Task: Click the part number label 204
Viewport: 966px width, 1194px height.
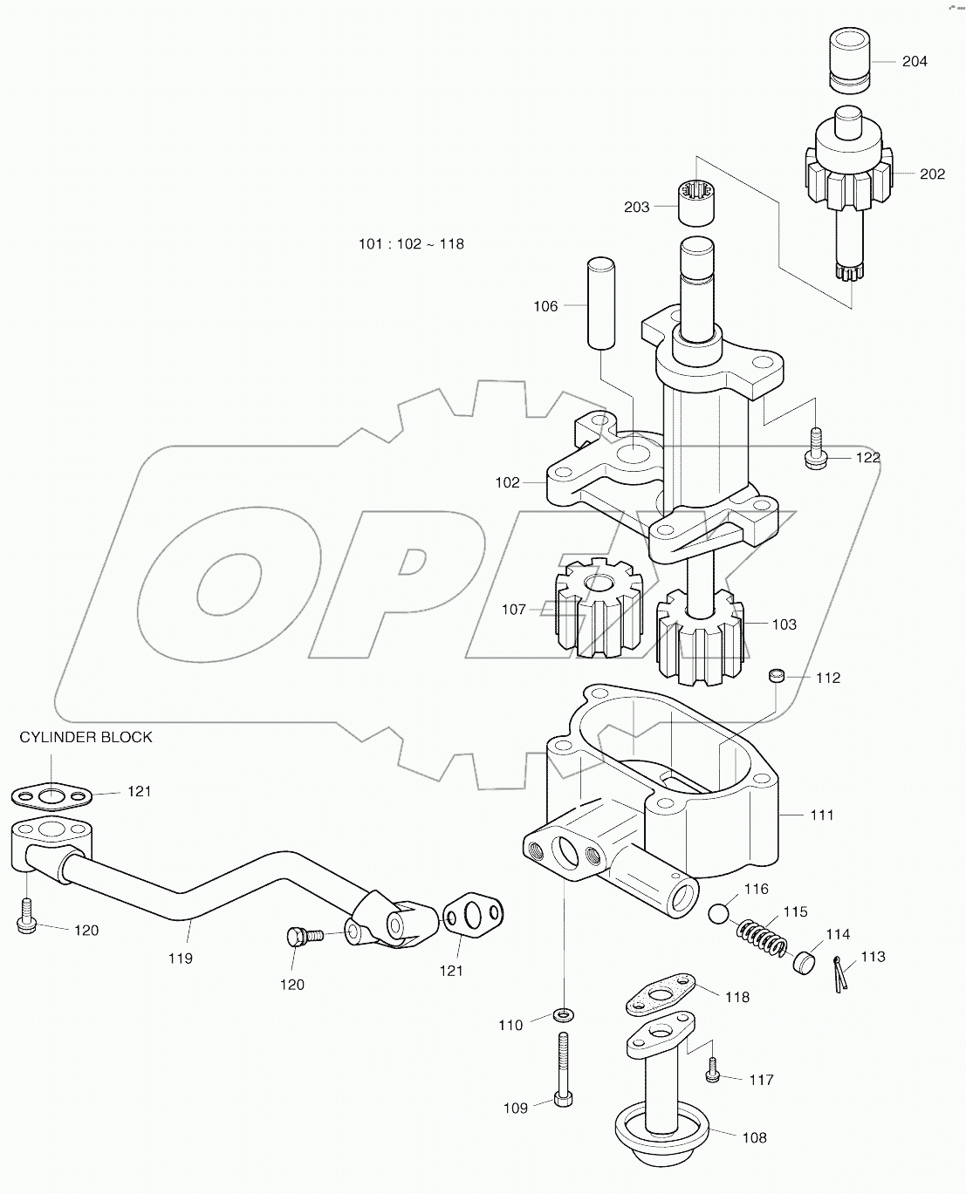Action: (x=915, y=61)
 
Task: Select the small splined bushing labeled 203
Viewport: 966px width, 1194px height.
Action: (x=697, y=201)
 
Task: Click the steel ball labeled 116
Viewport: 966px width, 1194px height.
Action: (x=720, y=914)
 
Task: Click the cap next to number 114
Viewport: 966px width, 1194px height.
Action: (x=805, y=960)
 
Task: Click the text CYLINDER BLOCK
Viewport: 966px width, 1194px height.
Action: (x=86, y=737)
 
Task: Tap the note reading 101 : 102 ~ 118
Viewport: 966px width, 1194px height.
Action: (x=411, y=244)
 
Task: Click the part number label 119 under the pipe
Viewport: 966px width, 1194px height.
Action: (x=181, y=958)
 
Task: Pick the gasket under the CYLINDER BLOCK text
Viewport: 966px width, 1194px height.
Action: (x=51, y=795)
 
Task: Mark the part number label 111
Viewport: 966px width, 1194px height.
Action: (x=821, y=815)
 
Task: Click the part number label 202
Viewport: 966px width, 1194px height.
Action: (x=932, y=174)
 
